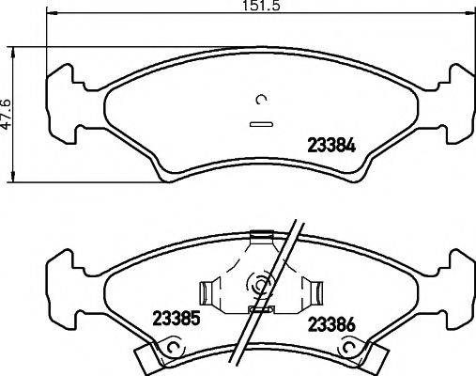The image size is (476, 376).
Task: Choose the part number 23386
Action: (331, 325)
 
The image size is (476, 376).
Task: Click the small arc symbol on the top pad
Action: (262, 102)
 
